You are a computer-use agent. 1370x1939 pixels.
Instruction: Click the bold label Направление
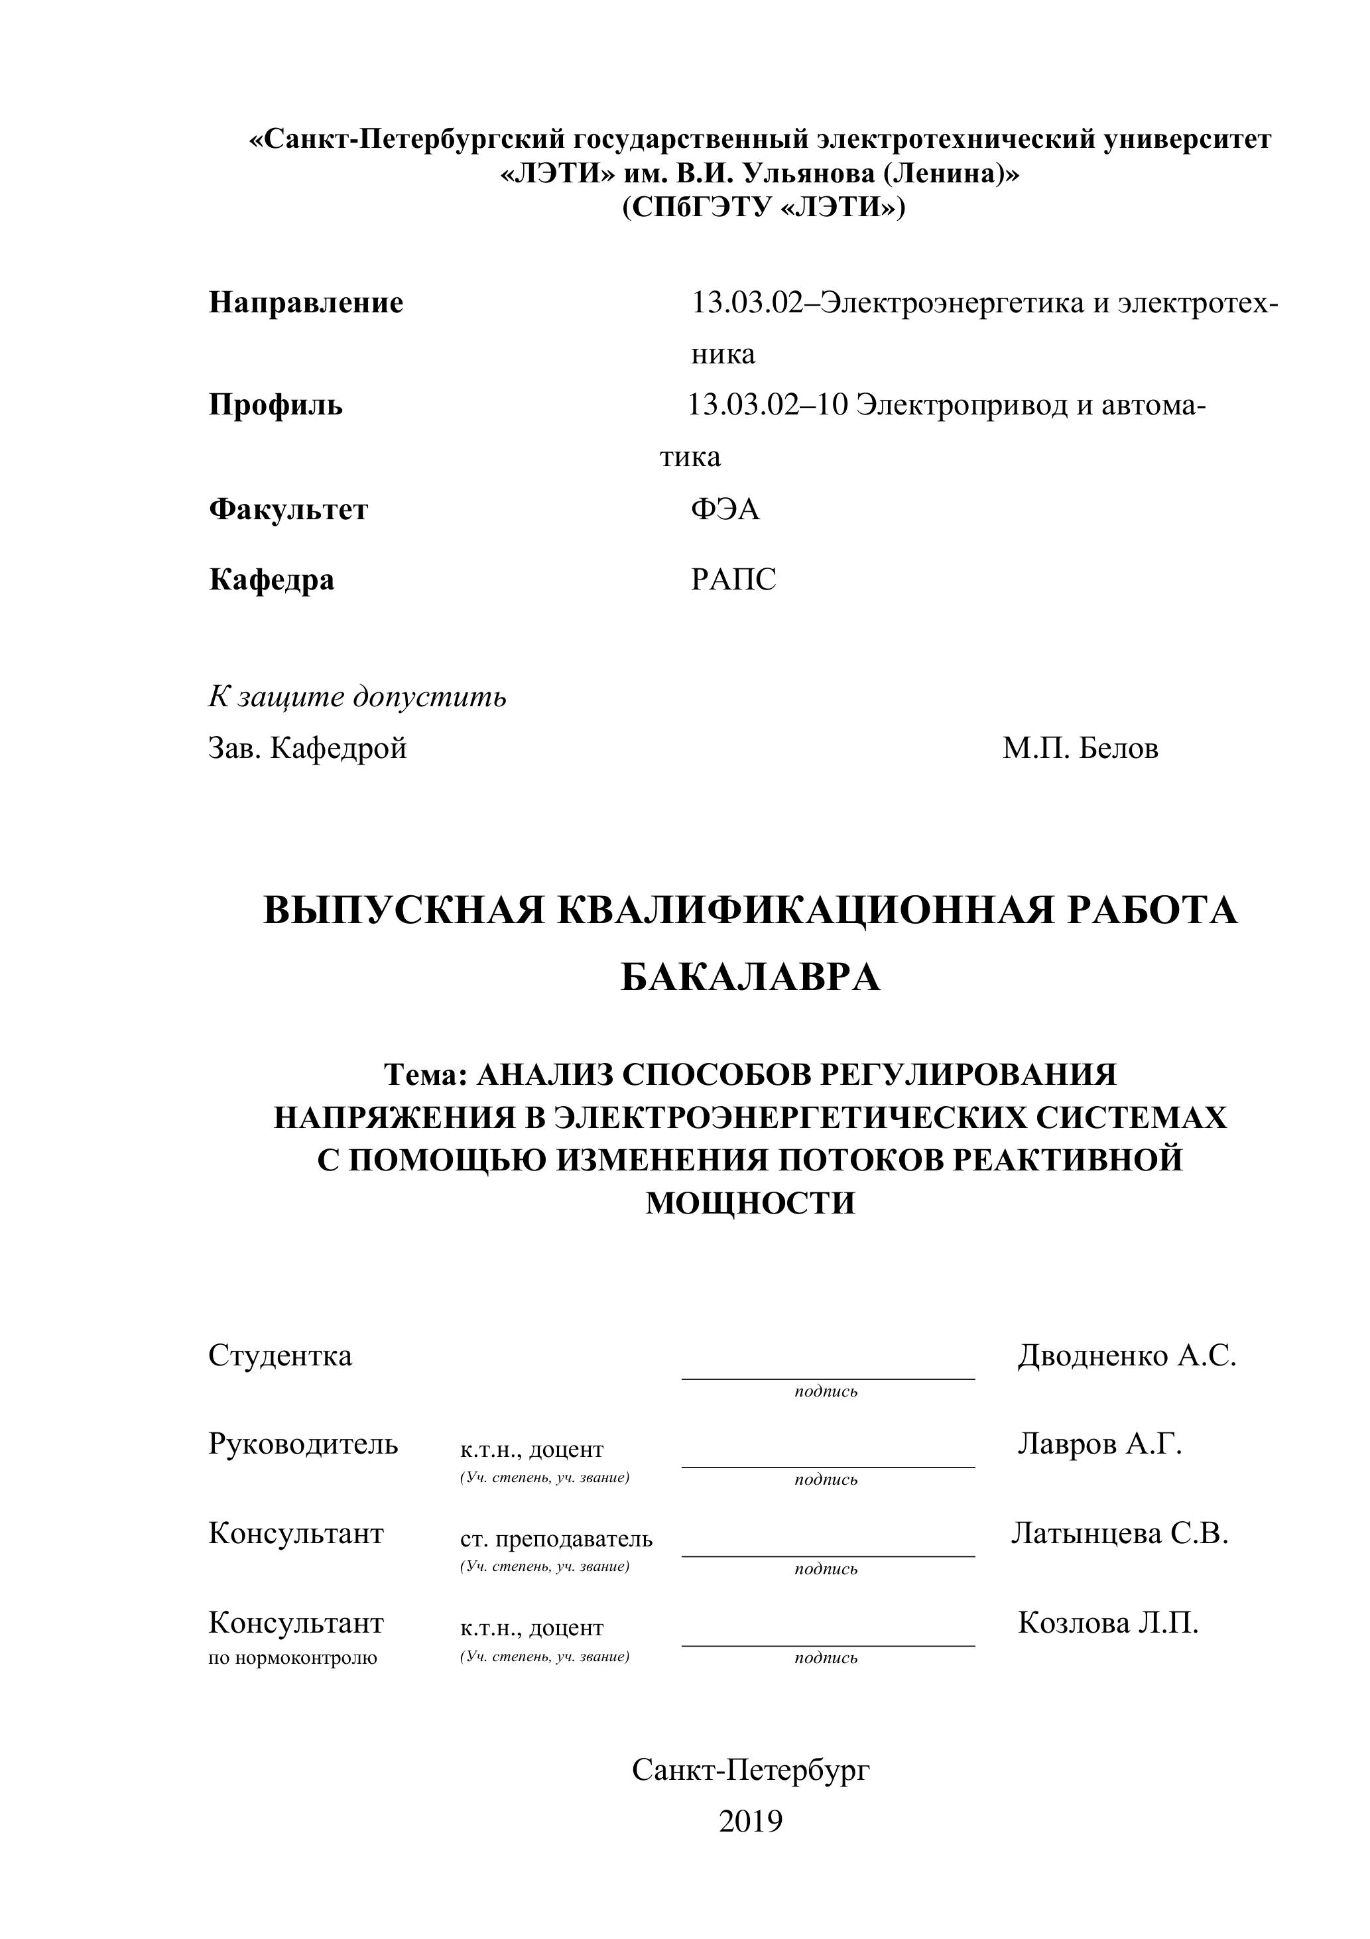pos(306,302)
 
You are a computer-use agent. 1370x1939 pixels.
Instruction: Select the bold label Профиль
pos(275,405)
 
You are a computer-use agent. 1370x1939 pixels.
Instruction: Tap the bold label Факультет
pos(288,510)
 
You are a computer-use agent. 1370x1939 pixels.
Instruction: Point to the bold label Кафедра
pos(271,580)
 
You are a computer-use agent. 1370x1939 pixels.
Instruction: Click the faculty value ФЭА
pos(725,509)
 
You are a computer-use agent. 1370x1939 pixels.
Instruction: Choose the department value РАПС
pos(732,580)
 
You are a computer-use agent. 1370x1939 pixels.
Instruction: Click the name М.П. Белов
pos(1080,748)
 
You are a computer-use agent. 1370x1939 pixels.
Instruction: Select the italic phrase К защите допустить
pos(357,697)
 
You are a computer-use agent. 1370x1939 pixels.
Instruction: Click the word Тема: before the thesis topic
pos(426,1074)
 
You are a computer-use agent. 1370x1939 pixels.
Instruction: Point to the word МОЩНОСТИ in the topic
pos(750,1202)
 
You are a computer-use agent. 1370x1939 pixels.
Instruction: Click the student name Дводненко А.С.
pos(1126,1356)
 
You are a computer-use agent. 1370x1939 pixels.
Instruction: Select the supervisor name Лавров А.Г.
pos(1099,1444)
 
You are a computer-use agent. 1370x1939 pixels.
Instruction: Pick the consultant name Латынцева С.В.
pos(1119,1532)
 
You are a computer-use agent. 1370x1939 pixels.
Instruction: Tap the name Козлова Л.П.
pos(1107,1622)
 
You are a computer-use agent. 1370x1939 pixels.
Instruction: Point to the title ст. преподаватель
pos(556,1538)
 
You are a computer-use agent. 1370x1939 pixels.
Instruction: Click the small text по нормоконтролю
pos(292,1658)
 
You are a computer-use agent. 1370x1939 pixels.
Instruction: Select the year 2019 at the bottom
pos(750,1822)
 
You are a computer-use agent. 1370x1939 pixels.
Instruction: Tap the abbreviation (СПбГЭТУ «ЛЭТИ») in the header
pos(763,207)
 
